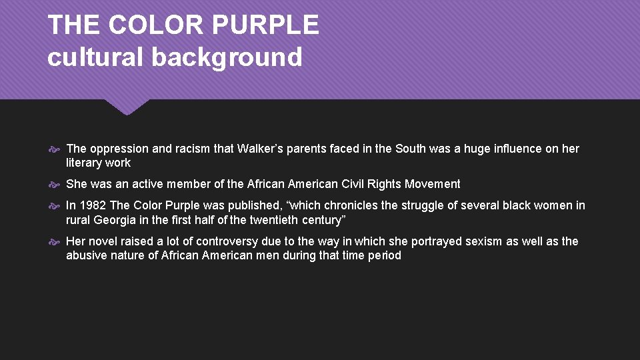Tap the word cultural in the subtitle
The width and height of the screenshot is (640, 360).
[x=95, y=57]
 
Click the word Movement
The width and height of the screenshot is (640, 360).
[x=433, y=184]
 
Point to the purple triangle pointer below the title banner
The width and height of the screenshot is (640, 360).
[x=127, y=107]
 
